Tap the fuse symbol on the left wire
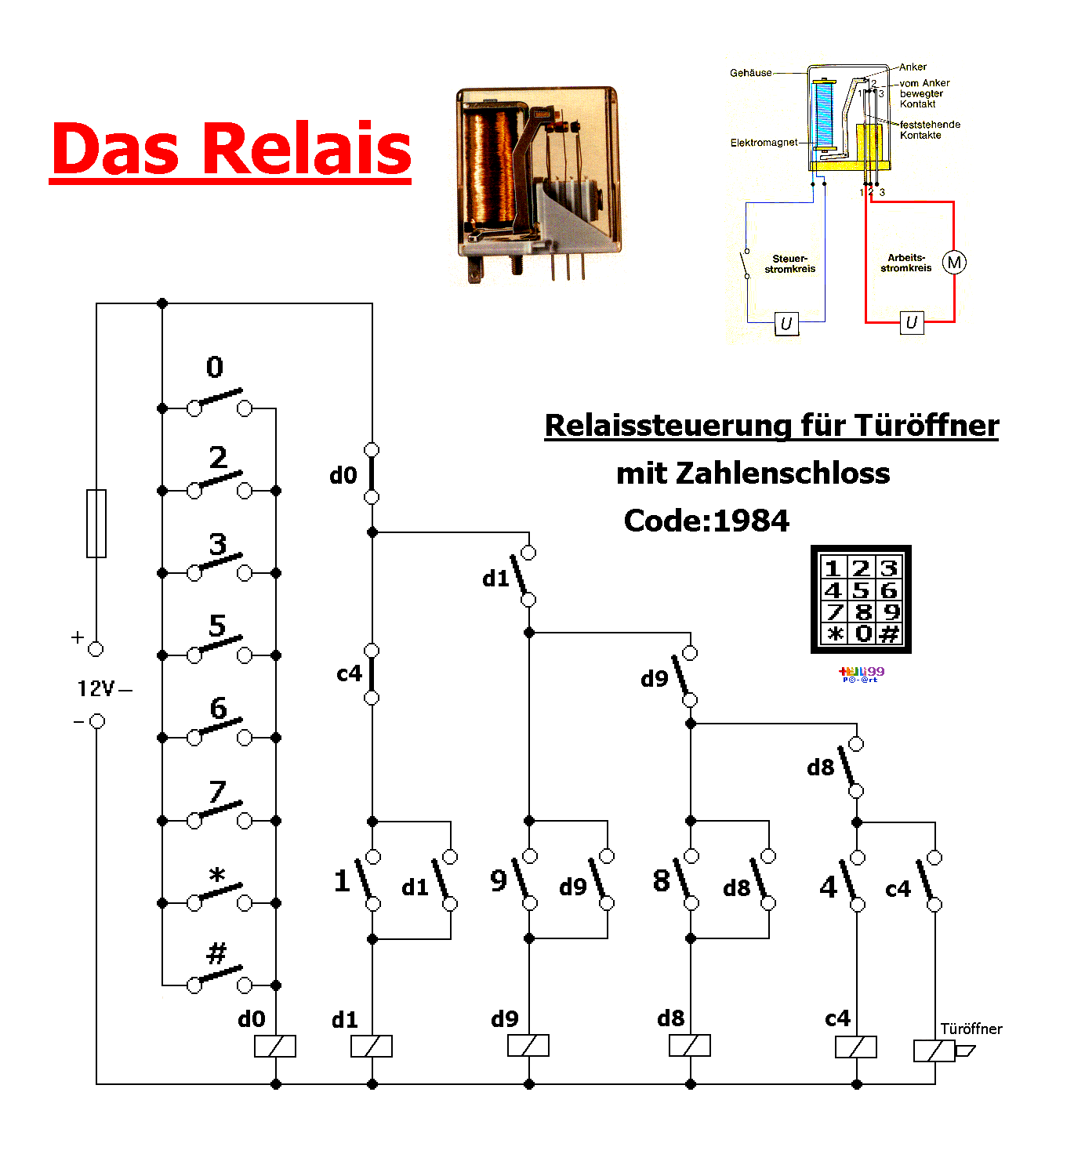[x=96, y=523]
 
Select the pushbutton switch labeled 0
[x=220, y=401]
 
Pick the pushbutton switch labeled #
[x=220, y=977]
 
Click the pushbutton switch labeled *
[x=220, y=895]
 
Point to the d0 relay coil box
[x=275, y=1046]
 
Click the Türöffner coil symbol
[x=935, y=1051]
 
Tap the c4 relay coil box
[x=856, y=1047]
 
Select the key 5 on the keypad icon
[x=861, y=590]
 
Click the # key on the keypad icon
[x=889, y=633]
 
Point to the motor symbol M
[x=954, y=263]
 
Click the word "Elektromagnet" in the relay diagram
[x=764, y=143]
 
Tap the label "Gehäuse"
[x=750, y=73]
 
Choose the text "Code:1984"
[x=706, y=521]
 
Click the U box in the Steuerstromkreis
[x=786, y=323]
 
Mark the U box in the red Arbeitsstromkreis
[x=911, y=322]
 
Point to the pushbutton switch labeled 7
[x=220, y=812]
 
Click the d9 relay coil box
[x=528, y=1046]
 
